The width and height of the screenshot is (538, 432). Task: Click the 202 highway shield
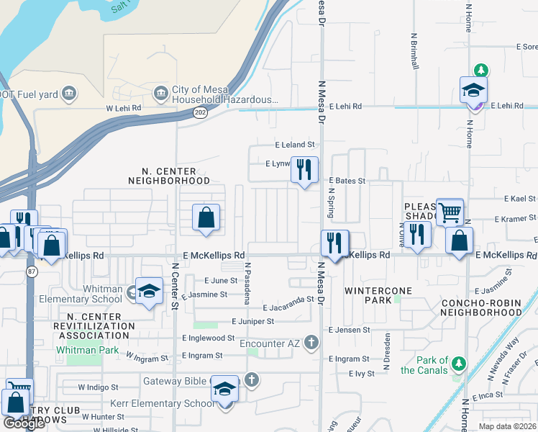click(x=200, y=113)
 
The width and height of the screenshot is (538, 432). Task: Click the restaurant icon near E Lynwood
click(x=304, y=170)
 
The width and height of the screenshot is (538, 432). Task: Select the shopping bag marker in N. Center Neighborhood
click(x=206, y=217)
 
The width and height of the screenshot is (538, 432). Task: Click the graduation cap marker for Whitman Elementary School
click(x=149, y=291)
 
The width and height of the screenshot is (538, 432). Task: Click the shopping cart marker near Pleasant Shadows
click(x=450, y=212)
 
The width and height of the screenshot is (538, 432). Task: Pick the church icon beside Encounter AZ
click(x=311, y=343)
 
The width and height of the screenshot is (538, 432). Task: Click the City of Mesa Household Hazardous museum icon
click(x=162, y=93)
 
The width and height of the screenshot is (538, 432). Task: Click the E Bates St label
click(x=347, y=181)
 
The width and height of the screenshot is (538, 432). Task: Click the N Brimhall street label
click(x=415, y=50)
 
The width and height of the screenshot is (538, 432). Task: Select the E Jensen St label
click(x=349, y=330)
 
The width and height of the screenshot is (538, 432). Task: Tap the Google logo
click(x=24, y=423)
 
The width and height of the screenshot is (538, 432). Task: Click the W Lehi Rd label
click(x=124, y=108)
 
